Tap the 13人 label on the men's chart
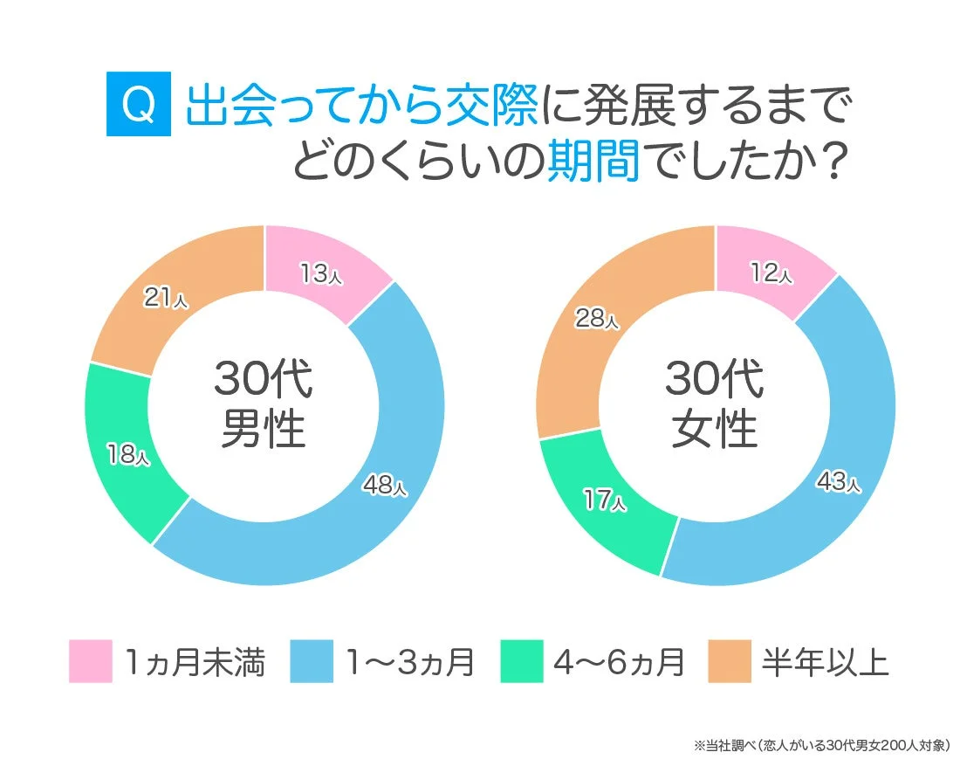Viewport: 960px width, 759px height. click(x=321, y=274)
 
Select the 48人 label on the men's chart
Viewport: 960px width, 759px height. click(x=385, y=486)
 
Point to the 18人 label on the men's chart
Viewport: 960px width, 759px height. click(x=128, y=454)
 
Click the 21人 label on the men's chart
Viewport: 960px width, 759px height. click(x=166, y=298)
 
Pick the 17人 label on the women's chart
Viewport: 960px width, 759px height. click(x=603, y=500)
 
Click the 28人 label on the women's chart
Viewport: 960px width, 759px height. click(x=596, y=320)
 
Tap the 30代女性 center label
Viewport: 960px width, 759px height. click(x=714, y=404)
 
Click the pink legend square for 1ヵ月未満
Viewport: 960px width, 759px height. click(x=91, y=661)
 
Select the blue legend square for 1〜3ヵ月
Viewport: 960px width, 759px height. click(x=312, y=661)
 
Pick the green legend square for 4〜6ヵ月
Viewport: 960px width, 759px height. click(x=522, y=661)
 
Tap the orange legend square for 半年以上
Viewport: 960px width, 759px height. click(x=730, y=661)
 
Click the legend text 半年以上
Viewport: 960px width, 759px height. click(x=825, y=662)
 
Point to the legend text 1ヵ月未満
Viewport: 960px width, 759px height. click(x=194, y=662)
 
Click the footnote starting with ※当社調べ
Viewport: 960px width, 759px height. click(x=821, y=745)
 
